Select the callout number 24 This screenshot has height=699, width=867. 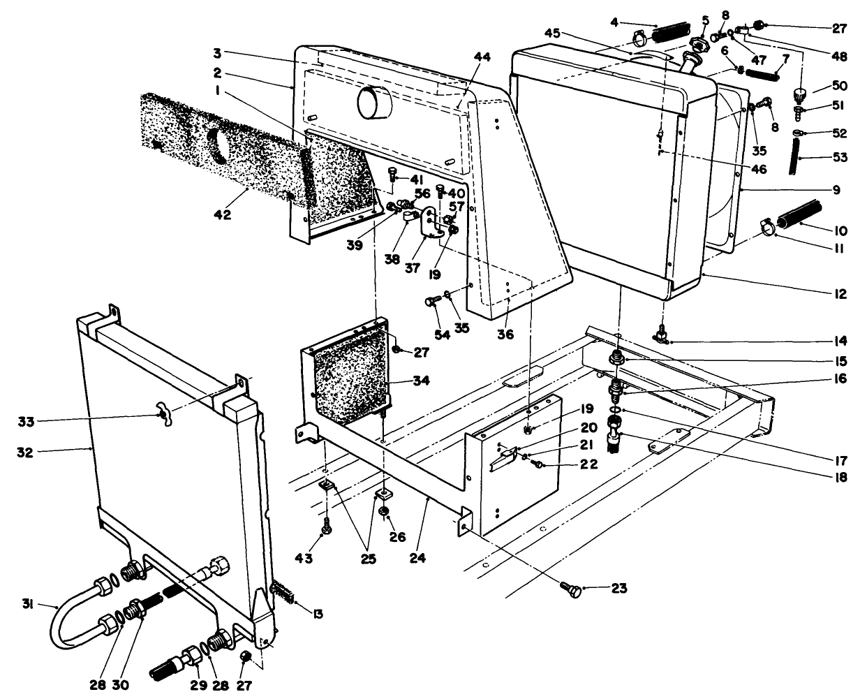[x=418, y=558]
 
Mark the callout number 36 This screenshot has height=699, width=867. [x=505, y=334]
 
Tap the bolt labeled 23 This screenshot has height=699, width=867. [x=570, y=591]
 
